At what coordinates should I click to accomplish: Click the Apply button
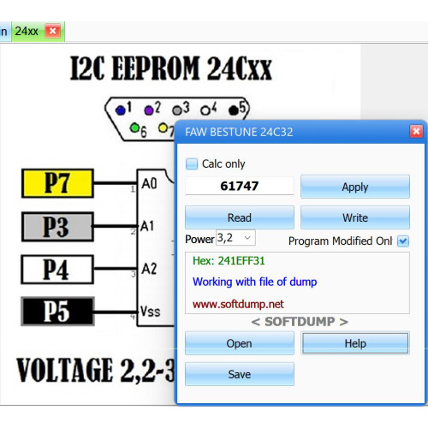pyautogui.click(x=355, y=187)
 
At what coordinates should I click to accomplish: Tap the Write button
pyautogui.click(x=355, y=217)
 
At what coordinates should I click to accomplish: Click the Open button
pyautogui.click(x=240, y=343)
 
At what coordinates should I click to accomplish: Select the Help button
pyautogui.click(x=355, y=343)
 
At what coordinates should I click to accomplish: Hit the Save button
pyautogui.click(x=240, y=374)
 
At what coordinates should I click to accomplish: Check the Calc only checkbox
pyautogui.click(x=192, y=163)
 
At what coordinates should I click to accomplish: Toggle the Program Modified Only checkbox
pyautogui.click(x=403, y=241)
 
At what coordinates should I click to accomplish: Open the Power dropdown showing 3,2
pyautogui.click(x=235, y=238)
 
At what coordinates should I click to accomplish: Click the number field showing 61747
pyautogui.click(x=240, y=186)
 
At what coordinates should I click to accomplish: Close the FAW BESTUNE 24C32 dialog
pyautogui.click(x=416, y=132)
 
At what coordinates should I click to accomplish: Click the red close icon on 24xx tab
pyautogui.click(x=53, y=31)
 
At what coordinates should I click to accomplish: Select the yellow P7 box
pyautogui.click(x=57, y=183)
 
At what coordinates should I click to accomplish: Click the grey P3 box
pyautogui.click(x=57, y=227)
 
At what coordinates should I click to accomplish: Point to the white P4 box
pyautogui.click(x=57, y=270)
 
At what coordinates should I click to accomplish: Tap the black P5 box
pyautogui.click(x=57, y=312)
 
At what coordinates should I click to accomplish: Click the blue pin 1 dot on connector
pyautogui.click(x=121, y=110)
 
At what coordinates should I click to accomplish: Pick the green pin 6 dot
pyautogui.click(x=134, y=128)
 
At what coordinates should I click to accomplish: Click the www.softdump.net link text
pyautogui.click(x=238, y=304)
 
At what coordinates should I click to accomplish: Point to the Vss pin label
pyautogui.click(x=150, y=312)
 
